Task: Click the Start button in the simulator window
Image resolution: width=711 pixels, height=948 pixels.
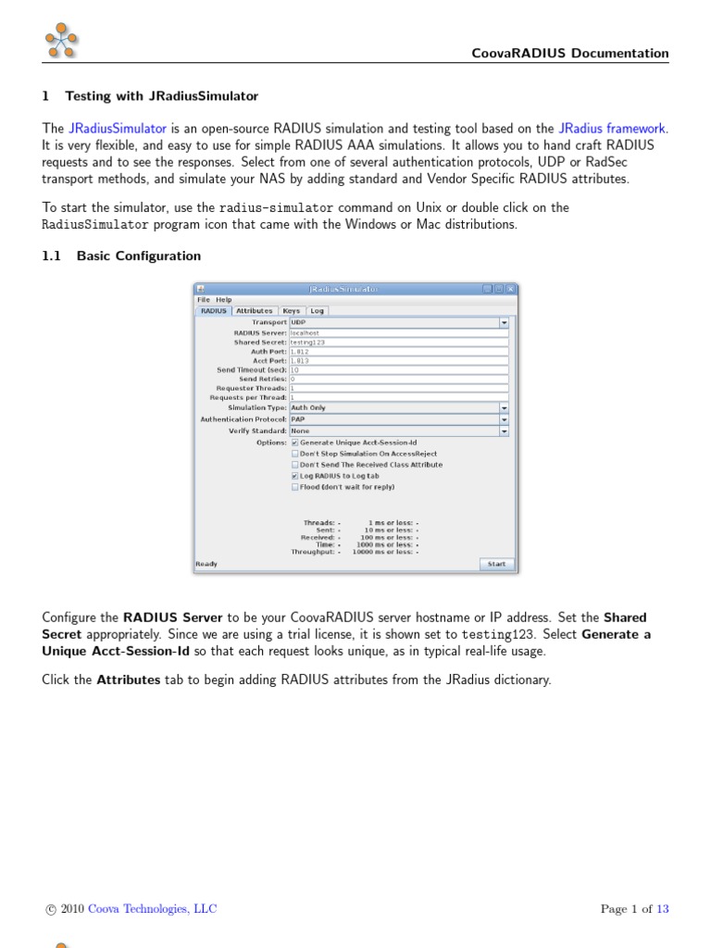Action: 496,564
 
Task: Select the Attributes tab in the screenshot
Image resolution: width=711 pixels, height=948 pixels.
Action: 254,311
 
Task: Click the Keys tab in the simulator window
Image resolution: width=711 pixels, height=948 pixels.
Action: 291,311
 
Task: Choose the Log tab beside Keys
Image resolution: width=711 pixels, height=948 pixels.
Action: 317,311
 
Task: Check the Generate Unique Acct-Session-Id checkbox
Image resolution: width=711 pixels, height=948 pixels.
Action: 295,443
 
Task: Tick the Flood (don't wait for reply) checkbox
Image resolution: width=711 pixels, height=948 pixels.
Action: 295,487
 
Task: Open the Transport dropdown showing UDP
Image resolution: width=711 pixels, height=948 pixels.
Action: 504,323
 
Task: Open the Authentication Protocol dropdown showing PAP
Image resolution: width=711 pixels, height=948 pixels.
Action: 504,419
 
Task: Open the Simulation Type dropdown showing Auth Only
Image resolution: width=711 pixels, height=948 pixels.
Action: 504,408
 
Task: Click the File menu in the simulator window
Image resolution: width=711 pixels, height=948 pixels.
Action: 203,300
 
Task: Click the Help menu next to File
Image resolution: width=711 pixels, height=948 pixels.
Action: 224,300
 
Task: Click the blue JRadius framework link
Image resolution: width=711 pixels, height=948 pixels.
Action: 612,129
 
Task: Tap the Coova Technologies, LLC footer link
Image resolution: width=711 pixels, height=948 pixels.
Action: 152,909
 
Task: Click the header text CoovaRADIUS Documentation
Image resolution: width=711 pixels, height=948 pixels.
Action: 570,54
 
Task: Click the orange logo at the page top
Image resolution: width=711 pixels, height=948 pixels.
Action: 61,42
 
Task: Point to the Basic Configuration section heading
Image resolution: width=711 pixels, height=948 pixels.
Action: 138,256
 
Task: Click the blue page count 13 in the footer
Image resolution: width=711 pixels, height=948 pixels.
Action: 662,909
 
